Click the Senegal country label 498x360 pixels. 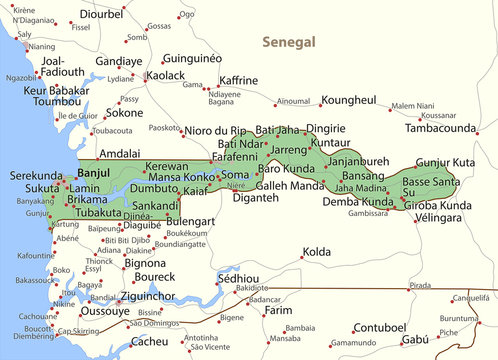pos(287,42)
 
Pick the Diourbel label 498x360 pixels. pos(101,15)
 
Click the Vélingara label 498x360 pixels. pos(444,218)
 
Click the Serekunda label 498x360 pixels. pos(34,174)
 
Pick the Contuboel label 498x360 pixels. pos(380,327)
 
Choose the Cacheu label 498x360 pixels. pos(151,342)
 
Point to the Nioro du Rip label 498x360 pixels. pos(214,130)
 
